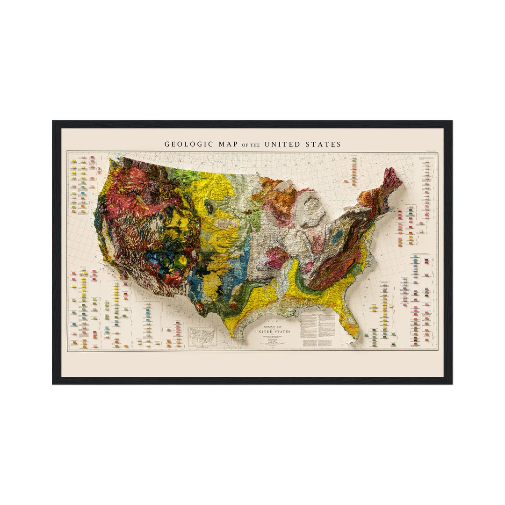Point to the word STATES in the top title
pos(324,144)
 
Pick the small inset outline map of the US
pos(202,337)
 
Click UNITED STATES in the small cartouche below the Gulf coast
pos(272,331)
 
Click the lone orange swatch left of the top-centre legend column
pos(346,181)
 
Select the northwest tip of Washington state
pos(110,160)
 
